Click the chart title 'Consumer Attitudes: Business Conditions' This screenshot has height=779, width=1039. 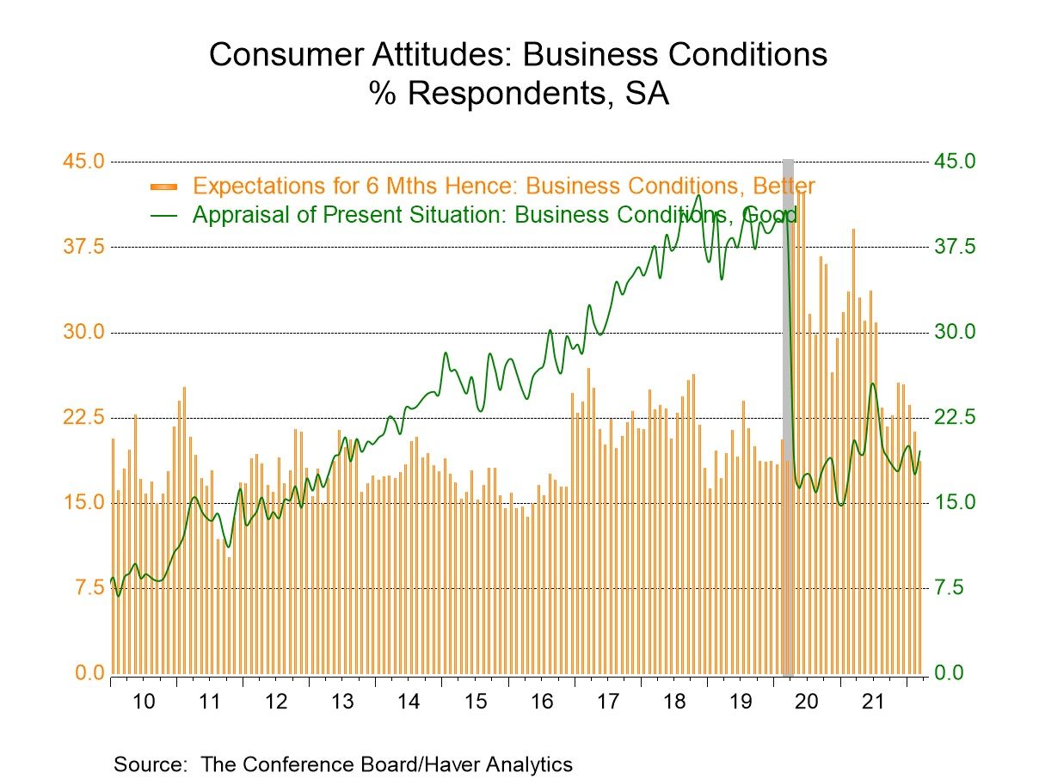point(518,54)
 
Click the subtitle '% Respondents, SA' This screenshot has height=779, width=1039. point(519,93)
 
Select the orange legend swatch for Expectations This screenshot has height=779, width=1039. point(163,187)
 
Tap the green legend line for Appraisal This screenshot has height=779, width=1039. point(163,215)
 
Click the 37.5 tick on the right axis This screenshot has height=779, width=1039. point(956,247)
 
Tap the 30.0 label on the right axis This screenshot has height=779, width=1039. point(956,332)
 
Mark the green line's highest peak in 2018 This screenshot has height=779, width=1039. point(698,195)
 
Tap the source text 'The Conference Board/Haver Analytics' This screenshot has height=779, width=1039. point(386,764)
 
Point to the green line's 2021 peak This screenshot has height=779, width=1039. point(873,383)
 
